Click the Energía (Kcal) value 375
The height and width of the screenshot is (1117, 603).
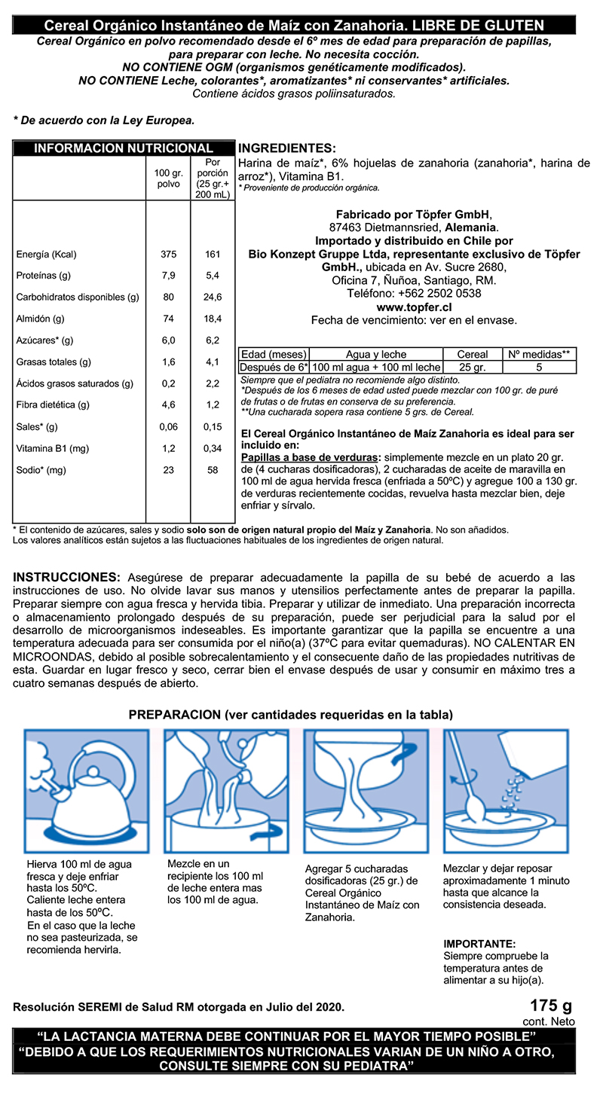click(169, 255)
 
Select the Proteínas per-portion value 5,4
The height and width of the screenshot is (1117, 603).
click(213, 276)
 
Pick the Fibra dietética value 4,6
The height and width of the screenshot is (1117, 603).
click(169, 405)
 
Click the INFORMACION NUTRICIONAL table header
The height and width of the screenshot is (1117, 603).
click(124, 148)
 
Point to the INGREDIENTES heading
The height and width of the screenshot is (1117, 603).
click(286, 148)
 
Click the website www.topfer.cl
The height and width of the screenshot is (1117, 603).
click(414, 307)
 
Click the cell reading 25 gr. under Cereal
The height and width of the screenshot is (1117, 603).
click(473, 368)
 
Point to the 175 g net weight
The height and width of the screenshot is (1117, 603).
click(551, 1006)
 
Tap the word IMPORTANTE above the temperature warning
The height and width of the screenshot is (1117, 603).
click(480, 943)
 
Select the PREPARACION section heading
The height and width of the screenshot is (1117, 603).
click(290, 714)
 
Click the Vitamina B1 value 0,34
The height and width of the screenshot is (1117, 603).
click(213, 449)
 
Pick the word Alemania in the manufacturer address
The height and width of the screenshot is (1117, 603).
click(471, 227)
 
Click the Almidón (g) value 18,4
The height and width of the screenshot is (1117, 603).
click(213, 319)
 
